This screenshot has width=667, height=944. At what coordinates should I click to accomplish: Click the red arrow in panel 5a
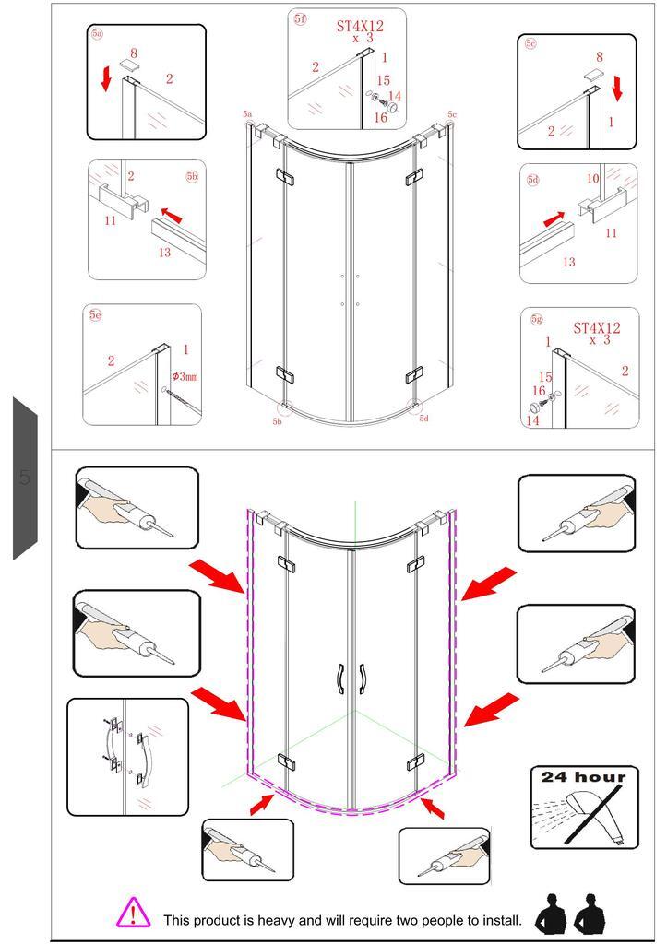pos(106,79)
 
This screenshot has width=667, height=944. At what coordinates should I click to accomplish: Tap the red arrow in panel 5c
pos(617,88)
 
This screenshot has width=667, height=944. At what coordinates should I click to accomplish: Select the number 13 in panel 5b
pos(164,253)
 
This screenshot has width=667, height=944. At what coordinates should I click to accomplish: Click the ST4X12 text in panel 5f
pos(360,26)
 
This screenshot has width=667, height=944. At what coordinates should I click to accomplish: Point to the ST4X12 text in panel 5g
pos(597,328)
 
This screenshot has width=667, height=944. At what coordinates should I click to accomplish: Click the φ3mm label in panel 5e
pos(185,377)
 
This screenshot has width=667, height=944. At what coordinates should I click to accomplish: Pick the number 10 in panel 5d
pos(593,179)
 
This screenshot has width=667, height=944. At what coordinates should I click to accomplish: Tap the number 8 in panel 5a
pos(134,53)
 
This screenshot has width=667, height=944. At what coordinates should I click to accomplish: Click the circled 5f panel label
pos(300,18)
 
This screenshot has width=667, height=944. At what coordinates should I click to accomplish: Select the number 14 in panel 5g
pos(532,420)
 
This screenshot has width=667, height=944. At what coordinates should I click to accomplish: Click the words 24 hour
pos(583,776)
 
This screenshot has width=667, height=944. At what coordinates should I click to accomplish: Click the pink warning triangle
pos(133,913)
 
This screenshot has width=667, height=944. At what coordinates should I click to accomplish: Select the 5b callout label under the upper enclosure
pos(277,421)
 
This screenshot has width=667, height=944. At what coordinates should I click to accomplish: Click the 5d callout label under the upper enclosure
pos(424,419)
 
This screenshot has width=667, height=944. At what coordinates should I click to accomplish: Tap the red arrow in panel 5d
pos(554,218)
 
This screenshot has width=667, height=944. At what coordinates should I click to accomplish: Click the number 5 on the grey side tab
pos(24,478)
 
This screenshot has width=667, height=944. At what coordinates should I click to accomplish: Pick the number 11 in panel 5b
pos(111,220)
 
